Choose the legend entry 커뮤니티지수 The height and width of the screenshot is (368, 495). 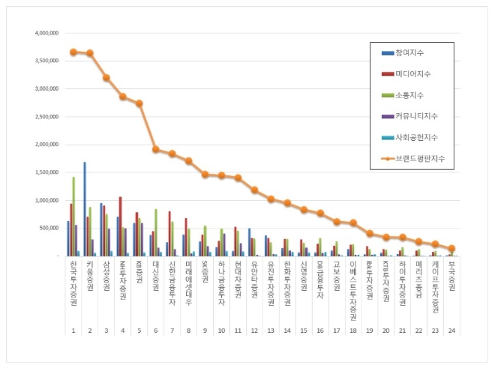click(422, 115)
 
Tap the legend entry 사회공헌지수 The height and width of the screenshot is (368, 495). click(422, 137)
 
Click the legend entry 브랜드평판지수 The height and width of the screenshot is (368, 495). click(424, 158)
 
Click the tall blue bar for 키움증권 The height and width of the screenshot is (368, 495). click(85, 210)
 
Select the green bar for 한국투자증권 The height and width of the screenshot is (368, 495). click(73, 217)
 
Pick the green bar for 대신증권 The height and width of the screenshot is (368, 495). click(155, 233)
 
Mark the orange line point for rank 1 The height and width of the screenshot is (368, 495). click(73, 52)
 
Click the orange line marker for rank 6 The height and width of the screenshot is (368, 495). click(155, 149)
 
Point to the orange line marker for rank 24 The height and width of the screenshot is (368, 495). click(451, 249)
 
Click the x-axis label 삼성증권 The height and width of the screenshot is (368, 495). click(106, 279)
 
